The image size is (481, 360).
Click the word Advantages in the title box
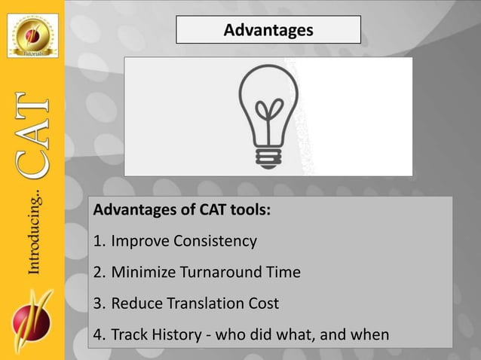[x=268, y=30]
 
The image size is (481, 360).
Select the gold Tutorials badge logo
[x=32, y=35]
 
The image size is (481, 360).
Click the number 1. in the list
[x=99, y=242]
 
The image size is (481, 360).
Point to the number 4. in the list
[x=99, y=334]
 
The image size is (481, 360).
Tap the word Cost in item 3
[x=263, y=304]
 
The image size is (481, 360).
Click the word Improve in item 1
[x=140, y=242]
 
